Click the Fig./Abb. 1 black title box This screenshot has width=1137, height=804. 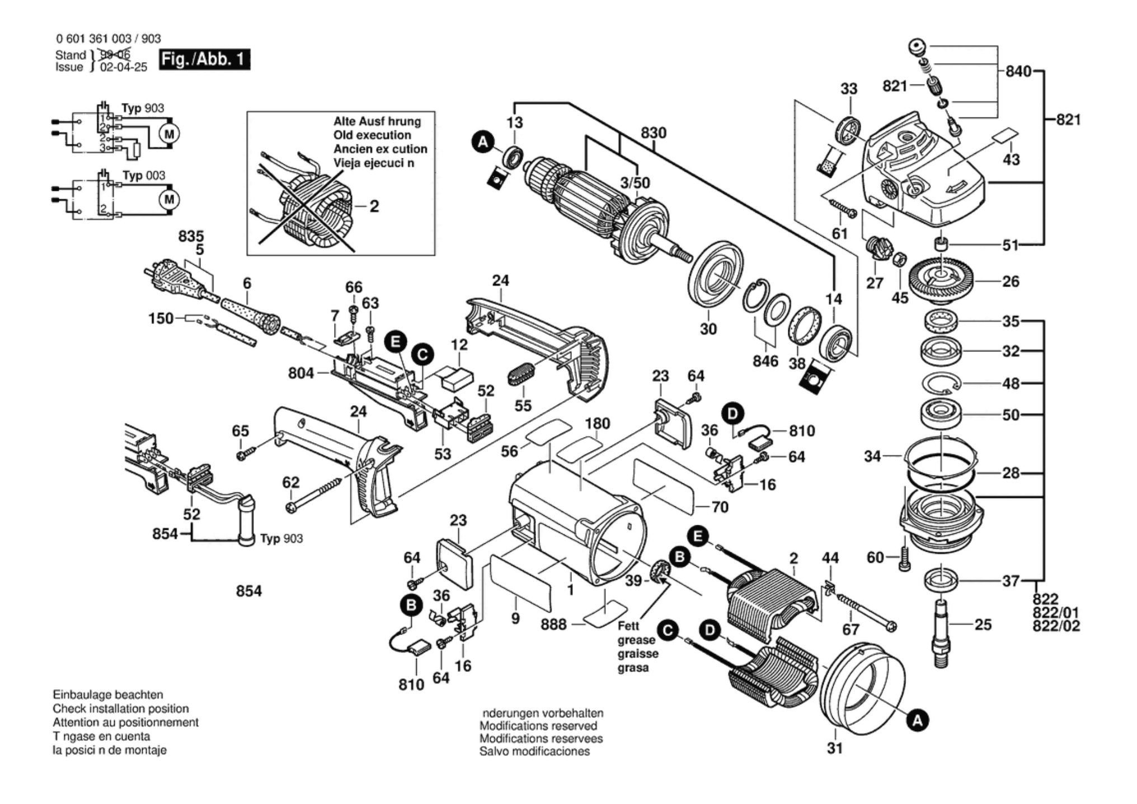pyautogui.click(x=204, y=59)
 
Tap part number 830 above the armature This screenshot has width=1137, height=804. pyautogui.click(x=653, y=133)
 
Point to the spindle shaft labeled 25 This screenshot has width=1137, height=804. pyautogui.click(x=942, y=632)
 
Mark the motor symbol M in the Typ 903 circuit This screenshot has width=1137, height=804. pyautogui.click(x=170, y=134)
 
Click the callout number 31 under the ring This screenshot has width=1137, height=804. pyautogui.click(x=834, y=748)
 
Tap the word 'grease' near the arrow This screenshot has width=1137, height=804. pyautogui.click(x=636, y=640)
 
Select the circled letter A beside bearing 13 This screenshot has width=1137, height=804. pyautogui.click(x=482, y=142)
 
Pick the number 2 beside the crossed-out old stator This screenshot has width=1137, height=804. pyautogui.click(x=374, y=206)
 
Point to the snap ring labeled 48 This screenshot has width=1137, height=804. pyautogui.click(x=941, y=384)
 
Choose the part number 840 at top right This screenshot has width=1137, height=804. pyautogui.click(x=1018, y=71)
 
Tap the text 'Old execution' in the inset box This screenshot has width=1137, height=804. pyautogui.click(x=372, y=135)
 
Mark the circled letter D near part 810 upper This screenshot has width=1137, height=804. pyautogui.click(x=732, y=414)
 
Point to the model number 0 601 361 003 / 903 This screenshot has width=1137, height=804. pyautogui.click(x=108, y=39)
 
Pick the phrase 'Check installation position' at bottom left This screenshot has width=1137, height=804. pyautogui.click(x=120, y=708)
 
